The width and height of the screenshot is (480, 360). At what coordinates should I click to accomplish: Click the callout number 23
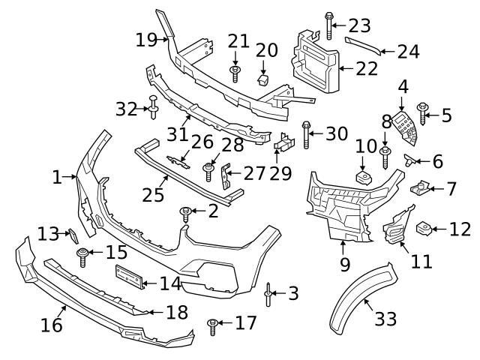360,25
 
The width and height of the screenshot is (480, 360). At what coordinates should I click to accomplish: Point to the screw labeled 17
213,325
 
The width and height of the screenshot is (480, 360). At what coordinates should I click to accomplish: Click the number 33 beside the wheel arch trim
385,319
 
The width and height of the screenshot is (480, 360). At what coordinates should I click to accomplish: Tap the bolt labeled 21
235,73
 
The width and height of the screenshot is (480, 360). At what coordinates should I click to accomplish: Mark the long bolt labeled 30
306,135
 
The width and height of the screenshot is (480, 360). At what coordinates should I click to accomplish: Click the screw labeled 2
184,214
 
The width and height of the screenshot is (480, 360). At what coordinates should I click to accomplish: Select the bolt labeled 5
422,114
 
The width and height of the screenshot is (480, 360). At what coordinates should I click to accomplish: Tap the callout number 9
344,264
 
